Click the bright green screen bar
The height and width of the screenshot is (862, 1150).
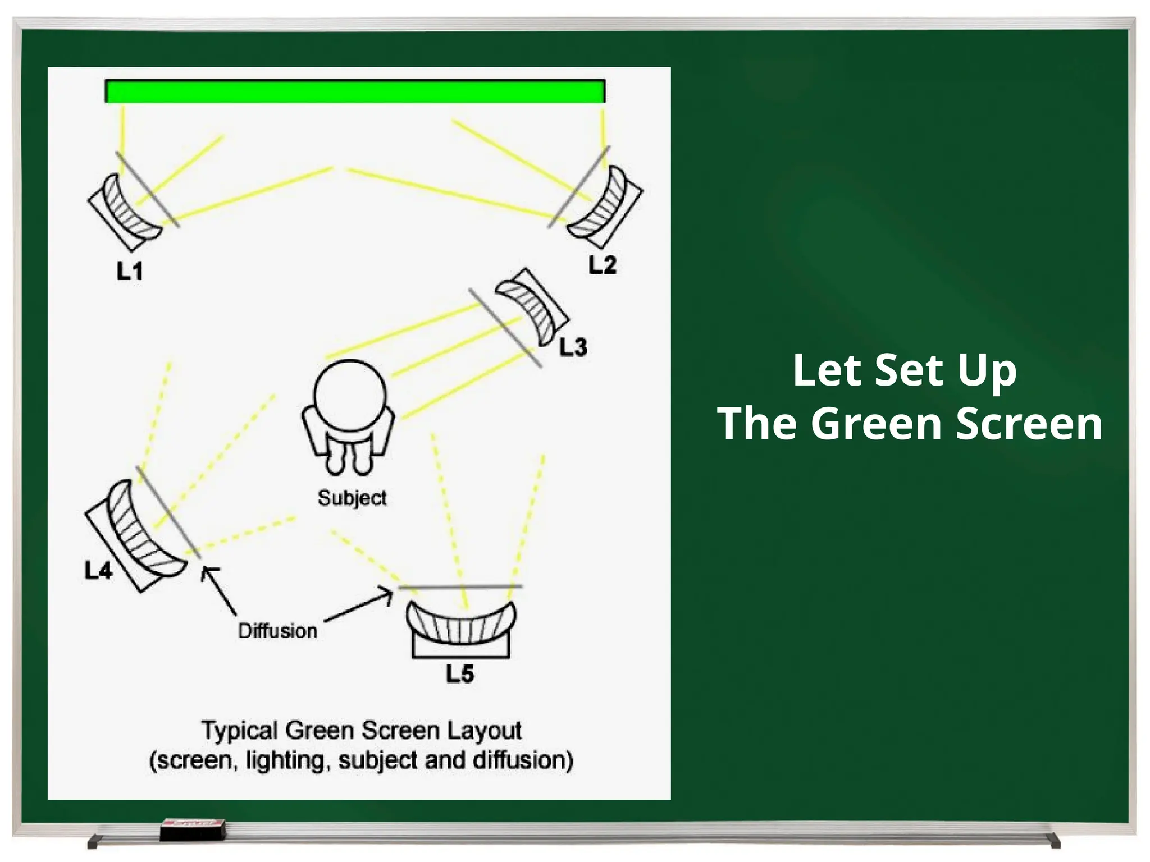click(355, 91)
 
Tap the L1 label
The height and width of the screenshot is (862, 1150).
click(129, 272)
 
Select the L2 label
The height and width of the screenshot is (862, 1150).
click(603, 265)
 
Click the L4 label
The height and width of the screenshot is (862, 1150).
click(98, 571)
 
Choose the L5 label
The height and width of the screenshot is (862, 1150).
click(460, 673)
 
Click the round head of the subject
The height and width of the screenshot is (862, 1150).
click(350, 395)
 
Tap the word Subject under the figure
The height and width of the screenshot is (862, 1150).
click(352, 498)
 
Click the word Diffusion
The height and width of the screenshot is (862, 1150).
click(278, 631)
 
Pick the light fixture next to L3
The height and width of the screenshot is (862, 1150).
click(532, 306)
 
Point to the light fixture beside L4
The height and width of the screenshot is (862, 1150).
click(135, 533)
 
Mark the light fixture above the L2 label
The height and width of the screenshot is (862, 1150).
click(605, 205)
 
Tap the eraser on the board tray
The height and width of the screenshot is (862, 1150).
click(193, 829)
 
